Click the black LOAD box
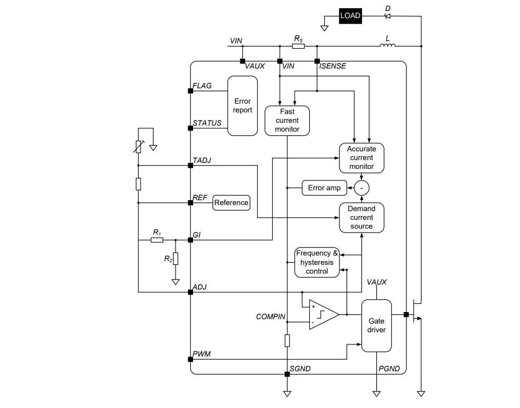click(x=350, y=15)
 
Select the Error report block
click(x=242, y=106)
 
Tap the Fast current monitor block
click(x=287, y=121)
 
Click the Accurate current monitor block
click(x=361, y=158)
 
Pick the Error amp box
click(x=324, y=188)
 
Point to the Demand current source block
click(x=361, y=218)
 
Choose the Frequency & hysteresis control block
click(x=317, y=262)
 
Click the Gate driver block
click(x=376, y=325)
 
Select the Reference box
click(x=231, y=203)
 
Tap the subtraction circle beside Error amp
click(x=361, y=188)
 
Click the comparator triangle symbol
click(x=323, y=314)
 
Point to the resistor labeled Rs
click(x=298, y=47)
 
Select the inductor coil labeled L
click(x=388, y=46)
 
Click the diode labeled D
click(x=388, y=16)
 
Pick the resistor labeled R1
click(x=157, y=240)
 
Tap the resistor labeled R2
click(x=176, y=258)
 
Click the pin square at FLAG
click(x=190, y=91)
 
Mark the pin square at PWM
click(x=190, y=359)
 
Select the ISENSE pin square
click(x=317, y=61)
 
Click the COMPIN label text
click(x=270, y=317)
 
